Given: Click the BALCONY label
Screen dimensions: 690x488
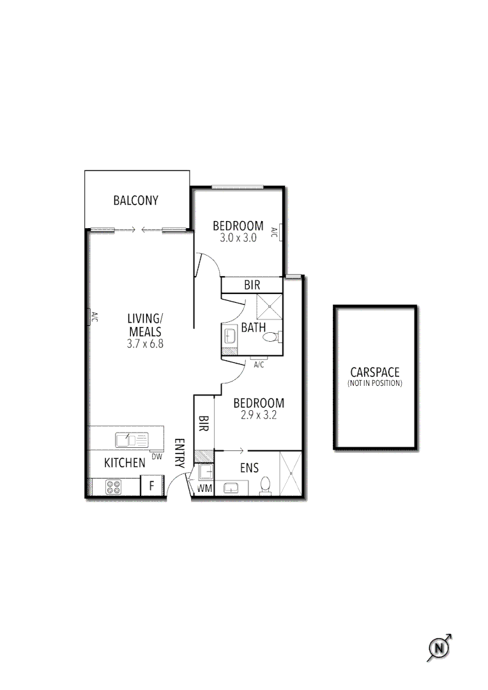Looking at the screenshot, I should [135, 201].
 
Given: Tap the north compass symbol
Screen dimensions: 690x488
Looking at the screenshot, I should [439, 648].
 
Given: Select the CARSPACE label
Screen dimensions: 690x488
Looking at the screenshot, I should [375, 372].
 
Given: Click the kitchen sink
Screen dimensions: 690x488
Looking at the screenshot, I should [131, 440].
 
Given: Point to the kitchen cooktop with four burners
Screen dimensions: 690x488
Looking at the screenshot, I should [114, 487].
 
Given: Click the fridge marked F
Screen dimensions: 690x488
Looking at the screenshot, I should [151, 486].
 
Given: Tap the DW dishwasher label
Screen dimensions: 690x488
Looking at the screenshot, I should [156, 457].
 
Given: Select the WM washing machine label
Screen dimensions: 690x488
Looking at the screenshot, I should [204, 489].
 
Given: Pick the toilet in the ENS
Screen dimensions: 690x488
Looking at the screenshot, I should [266, 487].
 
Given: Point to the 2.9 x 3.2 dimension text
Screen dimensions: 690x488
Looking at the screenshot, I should [258, 415].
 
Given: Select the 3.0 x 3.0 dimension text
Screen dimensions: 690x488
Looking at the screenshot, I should [238, 238].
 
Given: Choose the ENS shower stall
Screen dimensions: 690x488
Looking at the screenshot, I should [290, 473].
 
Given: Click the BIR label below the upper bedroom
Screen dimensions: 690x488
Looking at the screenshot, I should [252, 285].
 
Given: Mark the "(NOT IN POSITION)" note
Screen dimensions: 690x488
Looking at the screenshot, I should [375, 383].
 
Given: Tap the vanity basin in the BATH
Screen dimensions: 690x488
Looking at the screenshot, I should [230, 336].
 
